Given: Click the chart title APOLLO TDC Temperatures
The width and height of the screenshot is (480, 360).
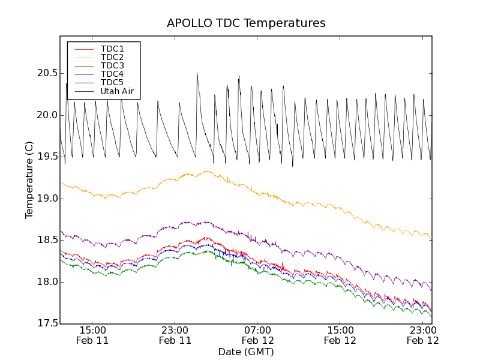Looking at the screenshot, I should tap(246, 23).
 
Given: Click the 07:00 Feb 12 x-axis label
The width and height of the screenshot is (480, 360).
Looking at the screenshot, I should tap(258, 335).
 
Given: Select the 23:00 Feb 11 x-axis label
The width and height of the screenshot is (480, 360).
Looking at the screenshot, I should tap(175, 335).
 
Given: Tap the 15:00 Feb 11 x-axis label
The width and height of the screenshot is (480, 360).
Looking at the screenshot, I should tap(92, 335).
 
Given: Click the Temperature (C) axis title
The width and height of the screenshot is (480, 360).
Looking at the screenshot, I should tap(29, 180).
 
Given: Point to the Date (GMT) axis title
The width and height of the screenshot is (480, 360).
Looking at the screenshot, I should tap(246, 352).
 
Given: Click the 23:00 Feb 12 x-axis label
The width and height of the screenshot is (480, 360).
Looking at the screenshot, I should tap(423, 335).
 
